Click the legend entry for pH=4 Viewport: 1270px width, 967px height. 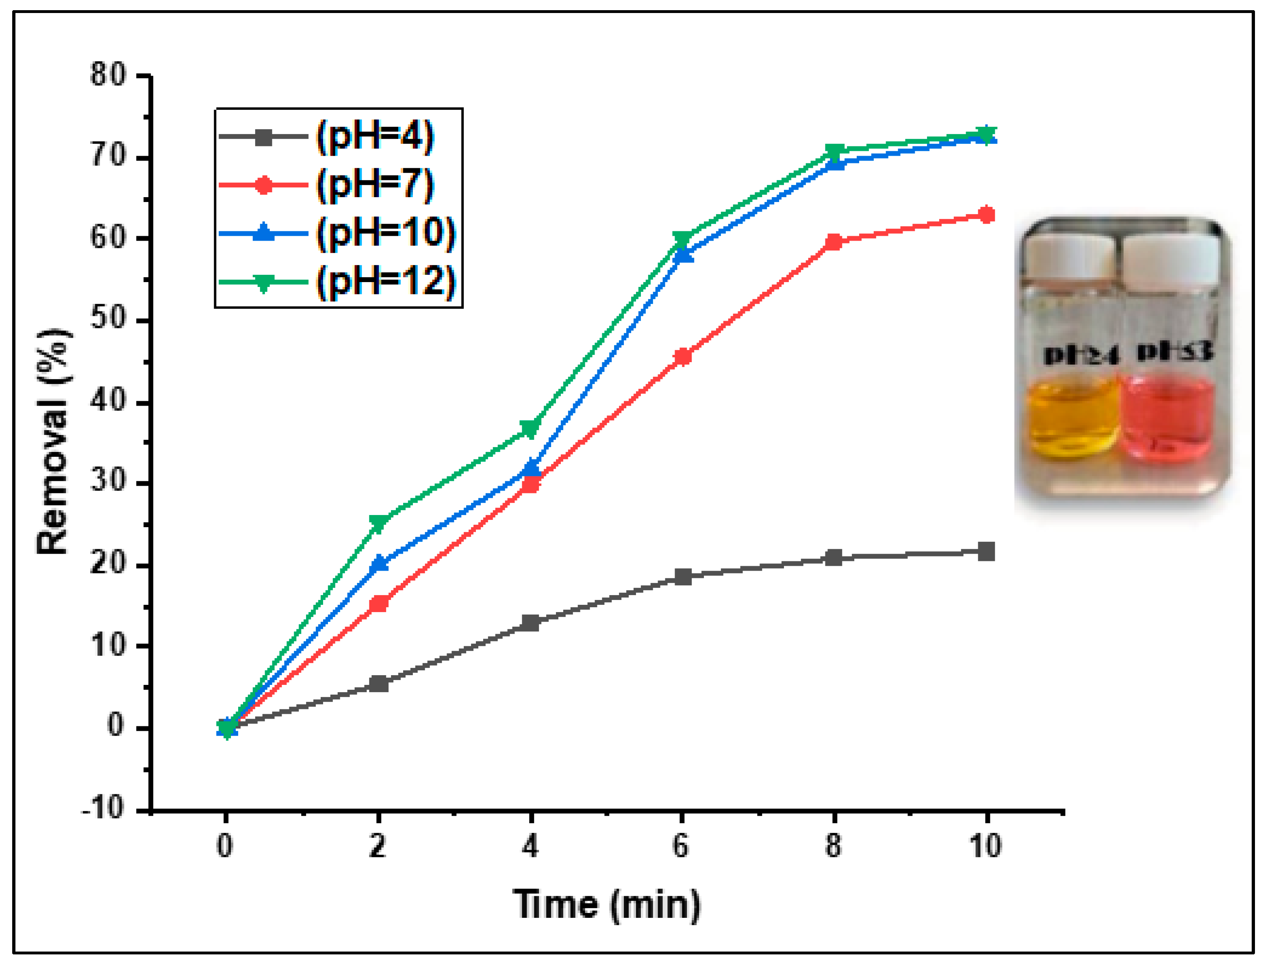(x=374, y=137)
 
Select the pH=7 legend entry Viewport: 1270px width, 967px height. (x=374, y=185)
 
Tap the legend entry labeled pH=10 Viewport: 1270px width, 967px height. (x=386, y=233)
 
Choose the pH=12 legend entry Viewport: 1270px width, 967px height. (x=386, y=282)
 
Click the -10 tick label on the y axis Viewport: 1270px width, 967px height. (x=104, y=809)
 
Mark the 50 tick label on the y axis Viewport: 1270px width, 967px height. (x=108, y=319)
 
